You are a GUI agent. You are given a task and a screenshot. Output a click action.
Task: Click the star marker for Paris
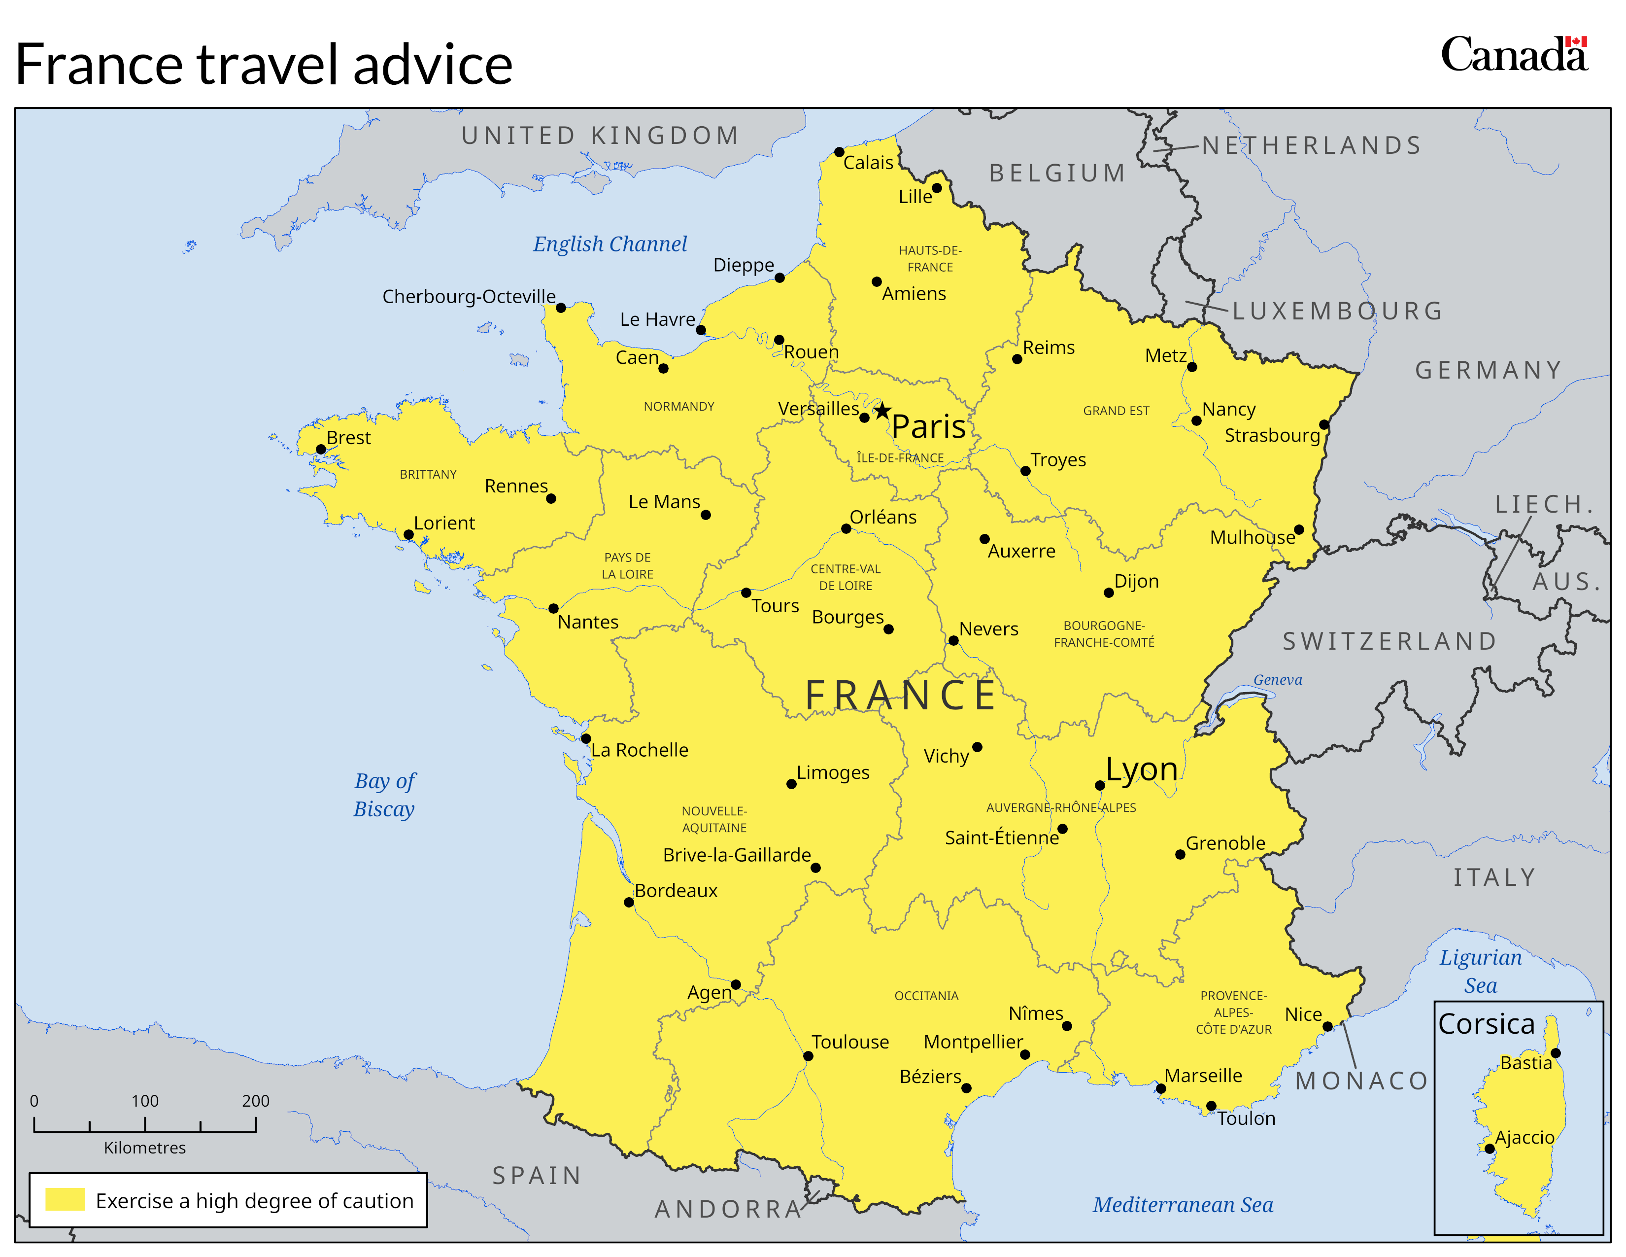[x=882, y=411]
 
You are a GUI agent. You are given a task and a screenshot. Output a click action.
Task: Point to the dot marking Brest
[x=321, y=449]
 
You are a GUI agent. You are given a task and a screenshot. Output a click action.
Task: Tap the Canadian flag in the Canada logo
[x=1576, y=42]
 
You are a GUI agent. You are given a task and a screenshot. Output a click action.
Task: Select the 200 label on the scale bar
[x=255, y=1101]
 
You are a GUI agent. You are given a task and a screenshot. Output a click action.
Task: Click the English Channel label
[x=610, y=244]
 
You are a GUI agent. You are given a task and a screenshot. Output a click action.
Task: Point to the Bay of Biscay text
[x=384, y=795]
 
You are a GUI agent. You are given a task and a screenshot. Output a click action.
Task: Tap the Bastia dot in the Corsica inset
[x=1555, y=1053]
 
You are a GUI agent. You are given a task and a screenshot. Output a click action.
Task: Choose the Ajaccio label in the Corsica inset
[x=1525, y=1137]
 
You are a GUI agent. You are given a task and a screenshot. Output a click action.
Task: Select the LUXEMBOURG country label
[x=1337, y=311]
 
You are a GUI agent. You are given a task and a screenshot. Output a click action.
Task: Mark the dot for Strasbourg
[x=1324, y=424]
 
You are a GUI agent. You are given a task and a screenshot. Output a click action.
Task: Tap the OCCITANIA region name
[x=926, y=996]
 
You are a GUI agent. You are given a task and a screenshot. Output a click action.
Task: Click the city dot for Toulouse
[x=808, y=1056]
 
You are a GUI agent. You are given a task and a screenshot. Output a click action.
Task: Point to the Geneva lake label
[x=1278, y=680]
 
